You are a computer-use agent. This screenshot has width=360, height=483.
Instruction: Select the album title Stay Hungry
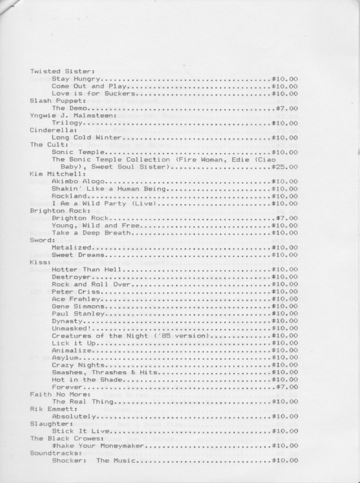(x=77, y=78)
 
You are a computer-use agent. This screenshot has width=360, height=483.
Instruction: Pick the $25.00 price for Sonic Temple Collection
(x=285, y=167)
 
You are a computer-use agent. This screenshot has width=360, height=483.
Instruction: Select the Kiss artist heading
(x=38, y=262)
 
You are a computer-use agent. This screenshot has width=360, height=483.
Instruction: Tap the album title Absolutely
(x=73, y=417)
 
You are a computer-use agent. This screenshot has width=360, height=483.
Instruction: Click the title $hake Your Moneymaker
(x=98, y=446)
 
